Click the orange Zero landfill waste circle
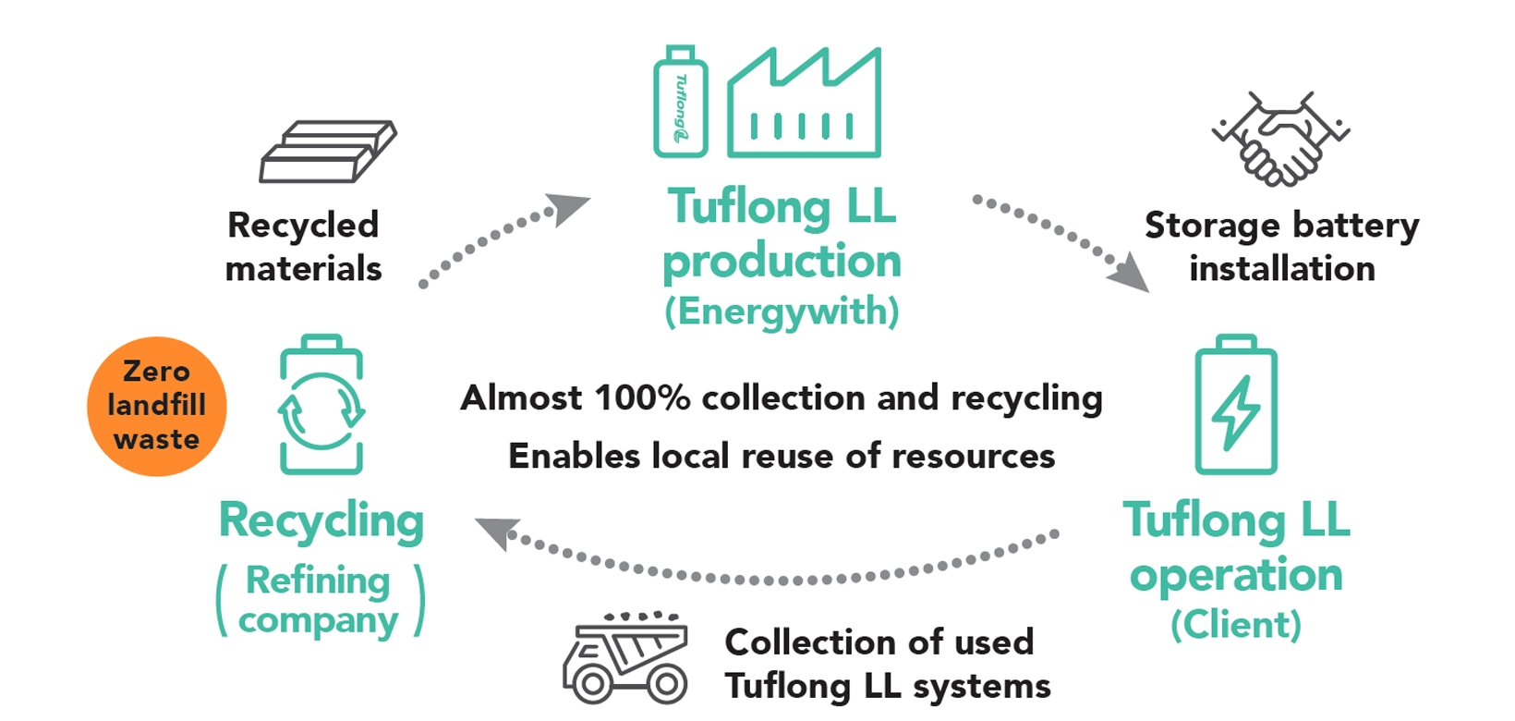tap(156, 406)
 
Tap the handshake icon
tap(1280, 138)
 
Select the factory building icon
tap(804, 104)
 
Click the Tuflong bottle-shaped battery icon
tap(681, 103)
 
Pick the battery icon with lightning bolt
tap(1236, 406)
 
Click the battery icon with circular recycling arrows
tap(321, 406)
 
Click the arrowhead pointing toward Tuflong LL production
tap(565, 208)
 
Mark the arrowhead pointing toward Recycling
tap(496, 532)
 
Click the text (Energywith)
tap(782, 312)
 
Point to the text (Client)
tap(1236, 625)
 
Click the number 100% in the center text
tap(641, 398)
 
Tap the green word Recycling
tap(321, 521)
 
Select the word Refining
tap(318, 580)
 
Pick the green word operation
tap(1236, 575)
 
